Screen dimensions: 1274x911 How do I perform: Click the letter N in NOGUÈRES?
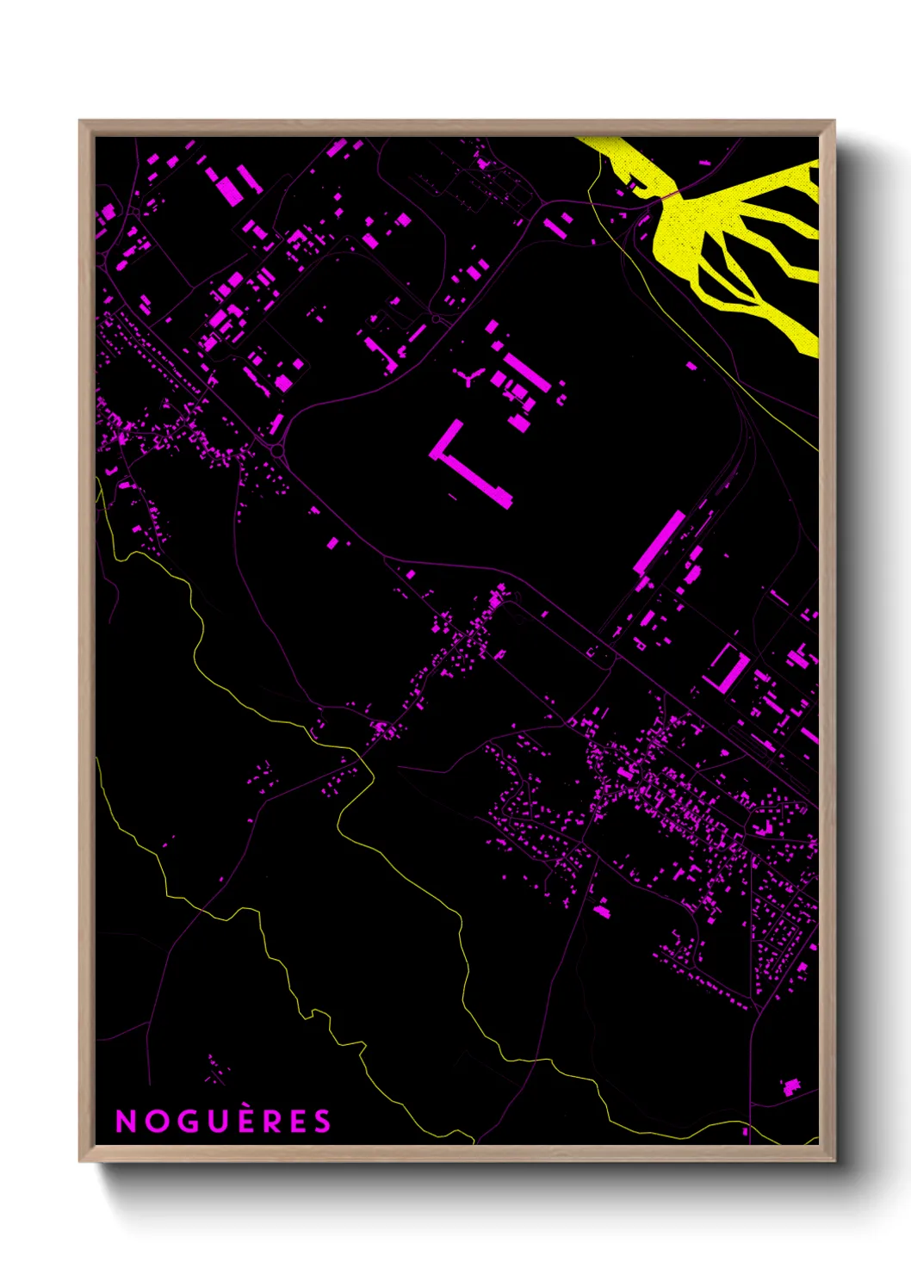[x=126, y=1121]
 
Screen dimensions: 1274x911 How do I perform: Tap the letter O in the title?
[x=154, y=1121]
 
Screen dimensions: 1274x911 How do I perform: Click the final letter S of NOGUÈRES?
[x=321, y=1121]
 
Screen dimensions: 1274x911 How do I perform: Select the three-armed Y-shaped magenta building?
[x=469, y=376]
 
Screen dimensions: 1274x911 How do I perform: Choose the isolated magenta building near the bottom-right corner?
[x=790, y=1086]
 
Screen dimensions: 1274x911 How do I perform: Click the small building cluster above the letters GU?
[x=217, y=1070]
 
